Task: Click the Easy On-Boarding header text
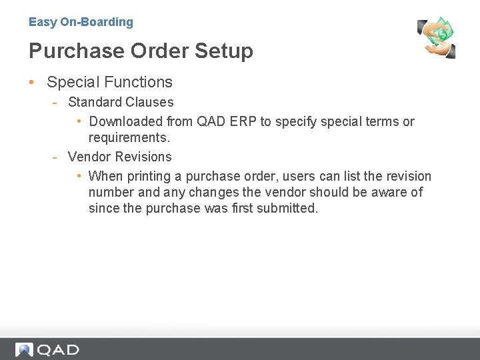click(x=81, y=22)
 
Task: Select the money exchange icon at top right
click(x=436, y=37)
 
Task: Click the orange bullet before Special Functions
click(x=32, y=83)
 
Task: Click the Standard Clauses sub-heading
click(x=121, y=102)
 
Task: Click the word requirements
click(x=129, y=138)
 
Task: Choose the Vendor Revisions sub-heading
click(x=120, y=157)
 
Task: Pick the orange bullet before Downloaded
click(x=78, y=121)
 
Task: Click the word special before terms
click(x=341, y=121)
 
